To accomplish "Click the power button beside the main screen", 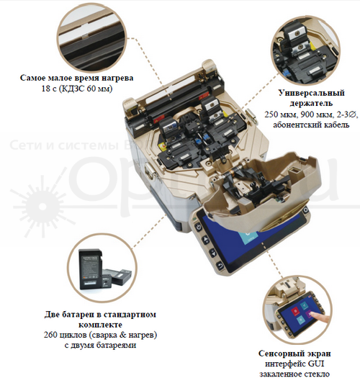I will [x=198, y=228].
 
